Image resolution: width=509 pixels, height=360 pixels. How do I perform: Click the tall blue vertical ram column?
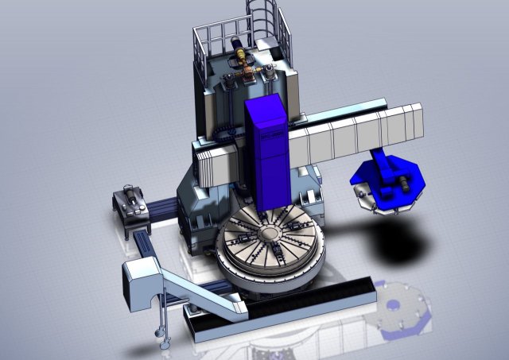266,151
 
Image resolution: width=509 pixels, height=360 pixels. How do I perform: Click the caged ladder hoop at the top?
263,16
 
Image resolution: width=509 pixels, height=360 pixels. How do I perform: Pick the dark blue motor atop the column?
231,79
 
